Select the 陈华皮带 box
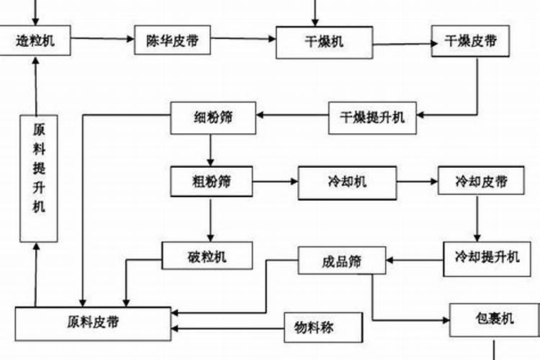pos(173,41)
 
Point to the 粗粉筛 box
pos(212,181)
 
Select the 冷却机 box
pos(346,181)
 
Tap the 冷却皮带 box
pos(481,181)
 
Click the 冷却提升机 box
pos(487,256)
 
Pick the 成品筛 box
pos(341,260)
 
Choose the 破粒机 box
pos(207,256)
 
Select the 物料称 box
pos(323,329)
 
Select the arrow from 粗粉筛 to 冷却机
pos(276,181)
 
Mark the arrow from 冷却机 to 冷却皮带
pos(417,181)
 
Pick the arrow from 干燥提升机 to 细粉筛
pos(292,115)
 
